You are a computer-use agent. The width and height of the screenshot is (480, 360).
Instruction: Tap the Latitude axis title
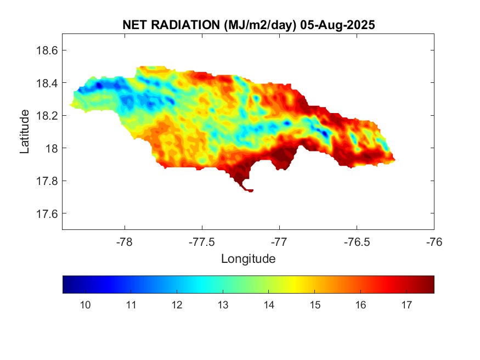pyautogui.click(x=25, y=131)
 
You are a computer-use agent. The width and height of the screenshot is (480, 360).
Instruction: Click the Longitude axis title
pyautogui.click(x=248, y=258)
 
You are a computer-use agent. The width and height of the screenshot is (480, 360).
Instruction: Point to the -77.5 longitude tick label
pyautogui.click(x=202, y=241)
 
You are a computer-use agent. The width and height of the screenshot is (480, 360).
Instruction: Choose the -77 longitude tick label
pyautogui.click(x=279, y=241)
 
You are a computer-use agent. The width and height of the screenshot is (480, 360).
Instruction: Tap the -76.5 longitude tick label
pyautogui.click(x=357, y=241)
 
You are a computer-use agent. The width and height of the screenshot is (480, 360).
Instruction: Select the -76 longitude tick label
pyautogui.click(x=434, y=241)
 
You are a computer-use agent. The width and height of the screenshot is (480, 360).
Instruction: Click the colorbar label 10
pyautogui.click(x=86, y=305)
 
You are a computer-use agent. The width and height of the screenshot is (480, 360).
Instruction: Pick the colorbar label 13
pyautogui.click(x=222, y=305)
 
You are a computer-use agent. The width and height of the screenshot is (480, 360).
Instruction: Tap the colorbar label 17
pyautogui.click(x=406, y=305)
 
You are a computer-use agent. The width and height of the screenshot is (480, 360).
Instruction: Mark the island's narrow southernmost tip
pyautogui.click(x=250, y=190)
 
